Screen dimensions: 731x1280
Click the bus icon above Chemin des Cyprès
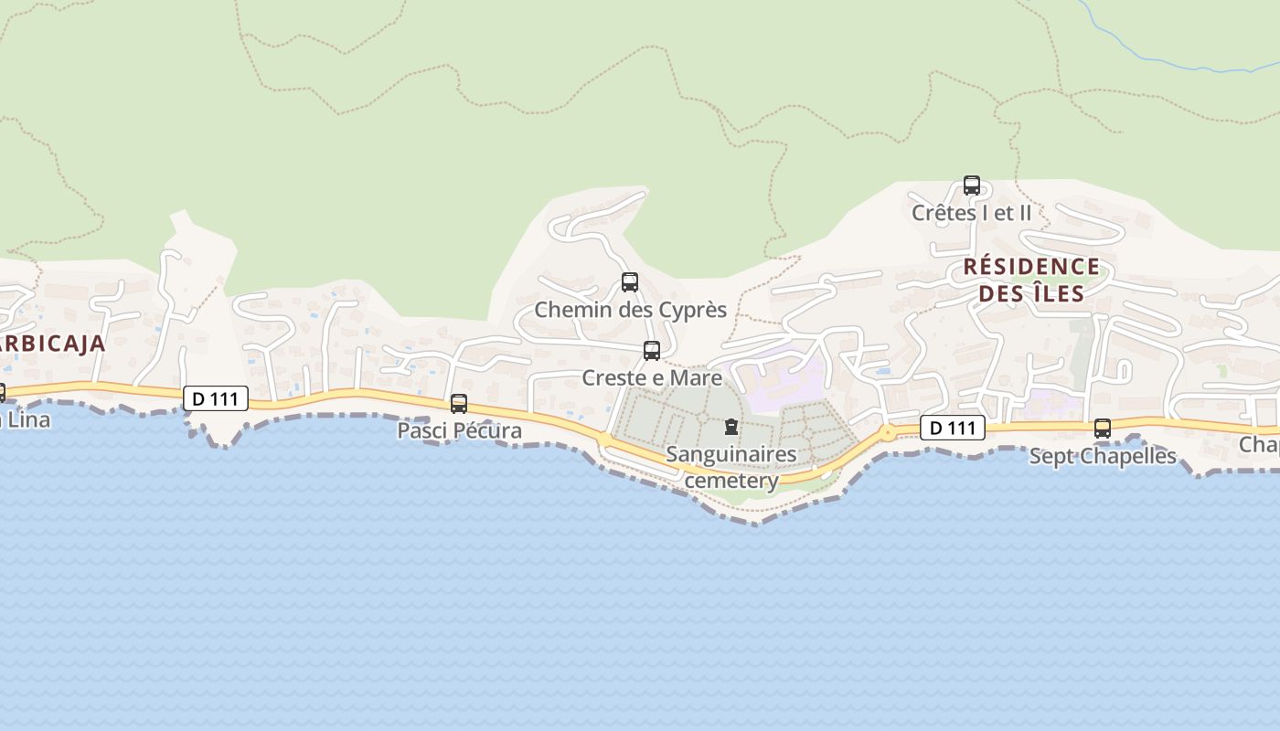[x=629, y=281]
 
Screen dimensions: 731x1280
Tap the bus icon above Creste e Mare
[x=651, y=350]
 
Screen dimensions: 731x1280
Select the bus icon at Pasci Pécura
[x=459, y=403]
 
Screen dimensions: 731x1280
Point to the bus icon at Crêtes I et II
[x=971, y=185]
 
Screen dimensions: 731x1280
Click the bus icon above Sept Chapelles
[x=1103, y=428]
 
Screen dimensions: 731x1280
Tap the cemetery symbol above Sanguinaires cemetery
[x=731, y=427]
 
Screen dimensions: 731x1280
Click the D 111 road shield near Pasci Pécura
[x=216, y=398]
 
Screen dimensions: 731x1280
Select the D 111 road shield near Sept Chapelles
[x=952, y=428]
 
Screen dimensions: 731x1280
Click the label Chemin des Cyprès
[x=630, y=310]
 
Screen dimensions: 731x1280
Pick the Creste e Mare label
[x=652, y=377]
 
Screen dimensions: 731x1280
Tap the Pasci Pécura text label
[x=459, y=430]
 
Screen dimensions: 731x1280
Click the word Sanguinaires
[x=731, y=454]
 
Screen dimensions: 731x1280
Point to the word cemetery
[x=731, y=480]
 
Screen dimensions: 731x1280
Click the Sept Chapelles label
[x=1103, y=456]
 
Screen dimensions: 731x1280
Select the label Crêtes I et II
[x=971, y=213]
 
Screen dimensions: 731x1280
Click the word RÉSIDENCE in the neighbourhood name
[x=1030, y=267]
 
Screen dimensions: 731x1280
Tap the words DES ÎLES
[x=1030, y=293]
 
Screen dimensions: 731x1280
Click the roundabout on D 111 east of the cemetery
[x=887, y=432]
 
